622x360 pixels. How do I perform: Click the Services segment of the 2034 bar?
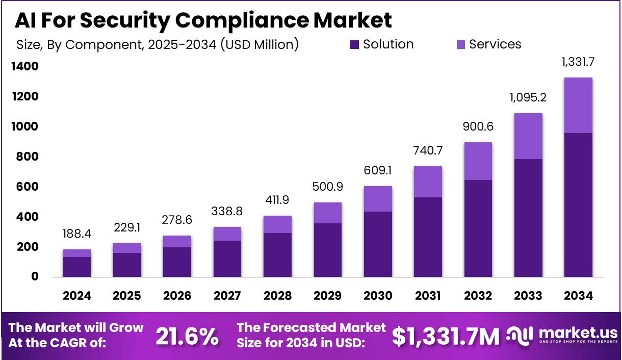click(578, 105)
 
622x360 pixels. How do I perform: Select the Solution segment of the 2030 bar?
click(378, 244)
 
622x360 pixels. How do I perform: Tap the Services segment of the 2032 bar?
click(478, 161)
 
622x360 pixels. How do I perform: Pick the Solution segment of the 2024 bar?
click(77, 267)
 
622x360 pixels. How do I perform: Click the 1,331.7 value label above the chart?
click(578, 62)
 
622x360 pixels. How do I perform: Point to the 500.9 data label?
click(327, 187)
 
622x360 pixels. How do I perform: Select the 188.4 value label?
click(77, 234)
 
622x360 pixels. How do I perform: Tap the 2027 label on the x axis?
click(227, 296)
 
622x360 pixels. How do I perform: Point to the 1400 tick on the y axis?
click(24, 66)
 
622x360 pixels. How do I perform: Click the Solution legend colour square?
click(355, 45)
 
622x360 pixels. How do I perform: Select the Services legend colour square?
click(461, 45)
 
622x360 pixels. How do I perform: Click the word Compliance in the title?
click(244, 20)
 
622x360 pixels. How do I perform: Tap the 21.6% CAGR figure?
click(187, 337)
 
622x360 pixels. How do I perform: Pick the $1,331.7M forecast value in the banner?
click(446, 337)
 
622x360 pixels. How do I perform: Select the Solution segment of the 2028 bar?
click(277, 255)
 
